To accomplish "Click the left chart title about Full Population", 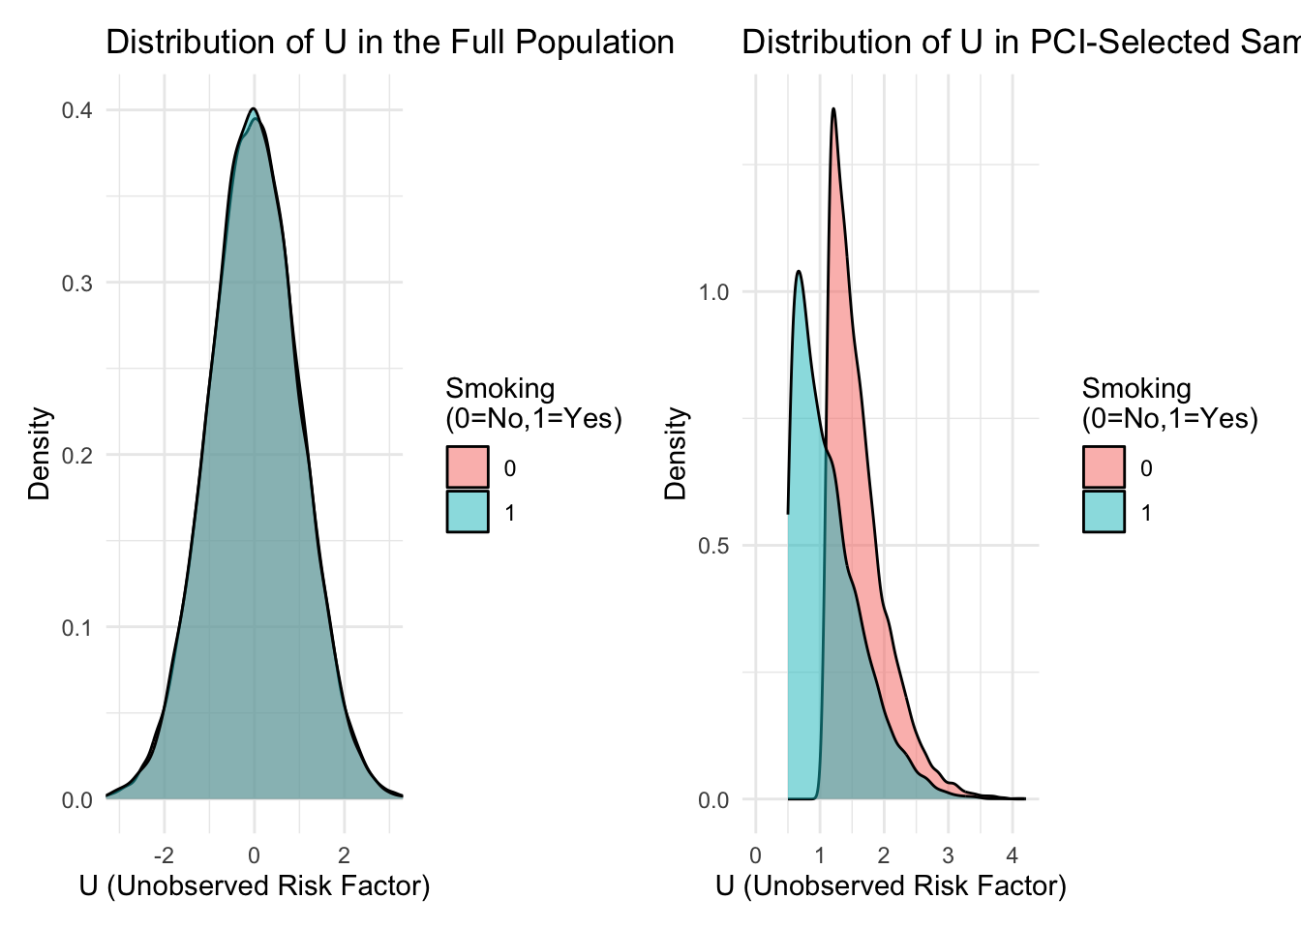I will [x=389, y=43].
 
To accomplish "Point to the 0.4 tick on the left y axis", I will [x=77, y=110].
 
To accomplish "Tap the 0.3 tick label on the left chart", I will [x=77, y=283].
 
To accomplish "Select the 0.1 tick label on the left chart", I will [x=77, y=627].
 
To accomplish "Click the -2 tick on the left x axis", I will [x=164, y=855].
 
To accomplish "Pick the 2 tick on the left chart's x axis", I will [x=344, y=855].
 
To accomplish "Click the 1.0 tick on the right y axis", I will [x=713, y=292].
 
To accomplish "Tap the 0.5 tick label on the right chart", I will [x=713, y=546].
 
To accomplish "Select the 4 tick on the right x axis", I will [x=1013, y=855].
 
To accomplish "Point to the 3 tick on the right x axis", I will [x=948, y=855].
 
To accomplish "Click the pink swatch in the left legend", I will [x=468, y=467].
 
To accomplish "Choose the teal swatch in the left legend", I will [x=468, y=512].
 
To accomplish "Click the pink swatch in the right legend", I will [x=1104, y=467].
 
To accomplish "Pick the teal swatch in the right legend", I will [x=1104, y=512].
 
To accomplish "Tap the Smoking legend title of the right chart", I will [x=1169, y=403].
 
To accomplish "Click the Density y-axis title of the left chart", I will [x=39, y=454].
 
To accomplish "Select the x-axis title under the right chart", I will [x=891, y=886].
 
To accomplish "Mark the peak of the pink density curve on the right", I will [x=832, y=109].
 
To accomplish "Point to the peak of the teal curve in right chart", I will [x=799, y=272].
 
